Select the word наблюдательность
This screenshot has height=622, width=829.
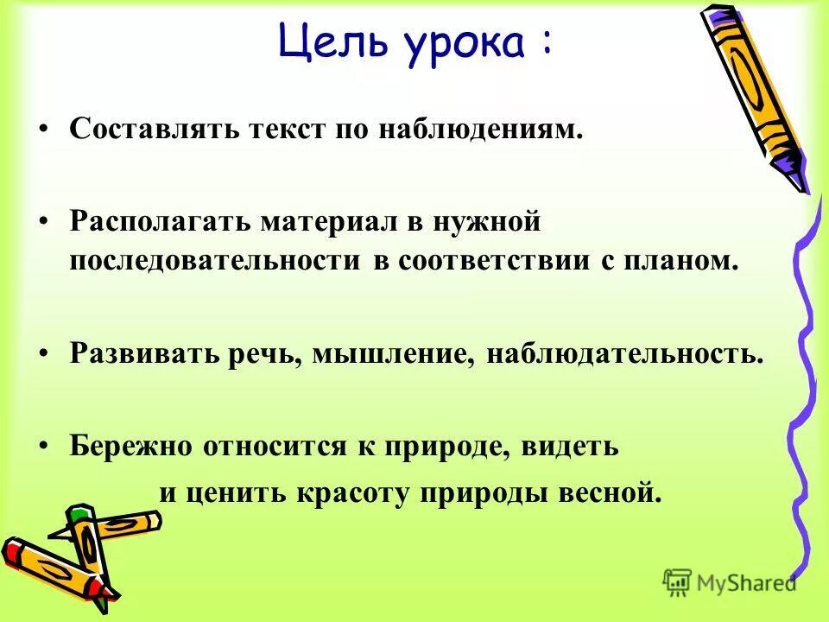(x=625, y=354)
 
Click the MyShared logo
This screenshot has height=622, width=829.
(x=730, y=582)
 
